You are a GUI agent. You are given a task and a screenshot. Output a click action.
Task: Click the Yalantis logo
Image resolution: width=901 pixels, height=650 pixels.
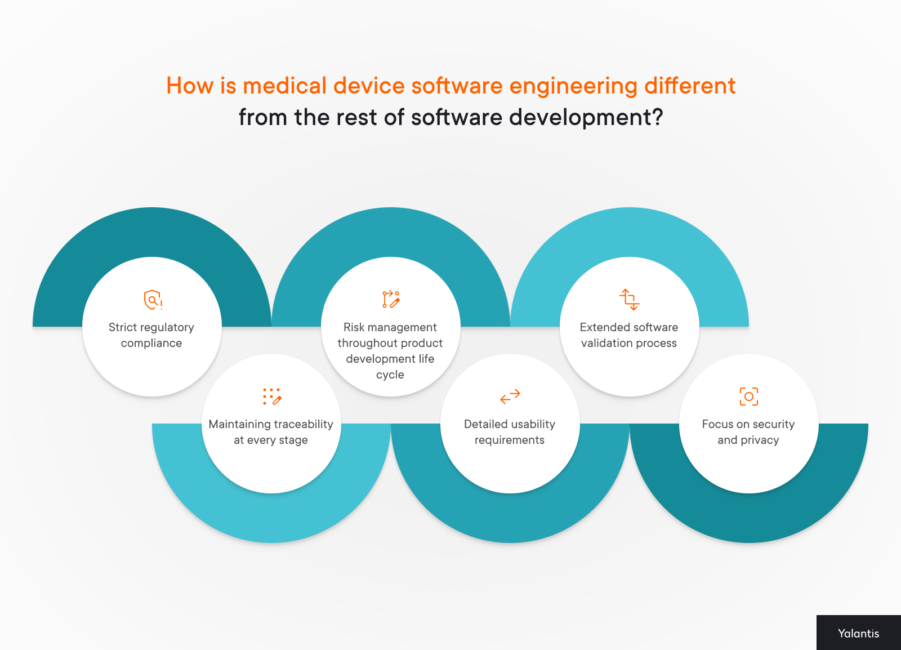coord(858,633)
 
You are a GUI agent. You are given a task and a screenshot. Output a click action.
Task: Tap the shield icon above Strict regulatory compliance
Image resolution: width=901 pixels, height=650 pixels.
coord(152,300)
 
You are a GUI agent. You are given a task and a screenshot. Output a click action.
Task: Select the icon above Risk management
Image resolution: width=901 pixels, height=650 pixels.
coord(391,299)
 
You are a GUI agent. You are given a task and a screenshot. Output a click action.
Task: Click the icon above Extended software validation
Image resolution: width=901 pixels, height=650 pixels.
coord(630,299)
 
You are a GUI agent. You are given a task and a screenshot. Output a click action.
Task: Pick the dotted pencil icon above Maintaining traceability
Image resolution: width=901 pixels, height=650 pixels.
coord(272,397)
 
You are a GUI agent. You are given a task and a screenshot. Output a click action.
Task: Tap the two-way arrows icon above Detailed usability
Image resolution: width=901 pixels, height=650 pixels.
coord(510,397)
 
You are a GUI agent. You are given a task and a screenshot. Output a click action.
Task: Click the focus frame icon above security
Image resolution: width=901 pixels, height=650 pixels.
coord(748,397)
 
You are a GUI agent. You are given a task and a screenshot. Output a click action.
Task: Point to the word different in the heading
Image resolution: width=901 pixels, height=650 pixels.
coord(689,86)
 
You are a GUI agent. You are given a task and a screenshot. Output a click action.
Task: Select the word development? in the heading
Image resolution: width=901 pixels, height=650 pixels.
coord(586,118)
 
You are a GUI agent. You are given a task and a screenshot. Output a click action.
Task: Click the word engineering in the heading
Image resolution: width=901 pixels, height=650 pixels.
coord(573,86)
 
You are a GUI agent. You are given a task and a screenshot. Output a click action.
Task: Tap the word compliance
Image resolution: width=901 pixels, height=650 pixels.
coord(151,343)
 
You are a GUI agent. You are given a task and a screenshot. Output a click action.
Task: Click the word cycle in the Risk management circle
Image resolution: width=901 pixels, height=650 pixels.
coord(390,375)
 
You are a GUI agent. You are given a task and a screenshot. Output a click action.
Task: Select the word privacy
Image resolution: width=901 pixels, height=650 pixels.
coord(760,440)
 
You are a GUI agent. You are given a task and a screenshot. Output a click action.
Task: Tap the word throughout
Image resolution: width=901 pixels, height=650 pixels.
coord(362,343)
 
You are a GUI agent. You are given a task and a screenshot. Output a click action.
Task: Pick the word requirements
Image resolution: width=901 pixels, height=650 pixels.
coord(510,440)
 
